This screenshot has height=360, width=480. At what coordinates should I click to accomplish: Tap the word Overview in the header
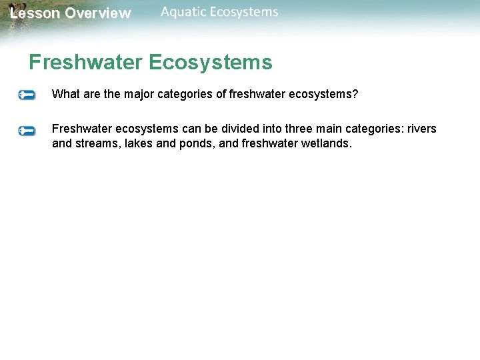[x=98, y=13]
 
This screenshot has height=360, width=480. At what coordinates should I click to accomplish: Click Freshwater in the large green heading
[x=85, y=63]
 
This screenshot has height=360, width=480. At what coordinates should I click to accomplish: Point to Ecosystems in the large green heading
[x=211, y=63]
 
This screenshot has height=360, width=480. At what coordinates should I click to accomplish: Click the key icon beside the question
[x=27, y=95]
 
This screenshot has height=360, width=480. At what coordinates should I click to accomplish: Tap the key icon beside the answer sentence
[x=27, y=131]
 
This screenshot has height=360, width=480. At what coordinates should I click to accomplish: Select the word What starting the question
[x=65, y=94]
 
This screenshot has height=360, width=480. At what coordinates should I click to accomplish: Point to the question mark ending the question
[x=355, y=94]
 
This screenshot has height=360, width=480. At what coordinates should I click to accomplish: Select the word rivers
[x=421, y=129]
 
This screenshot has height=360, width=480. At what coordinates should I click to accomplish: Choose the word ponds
[x=197, y=143]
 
